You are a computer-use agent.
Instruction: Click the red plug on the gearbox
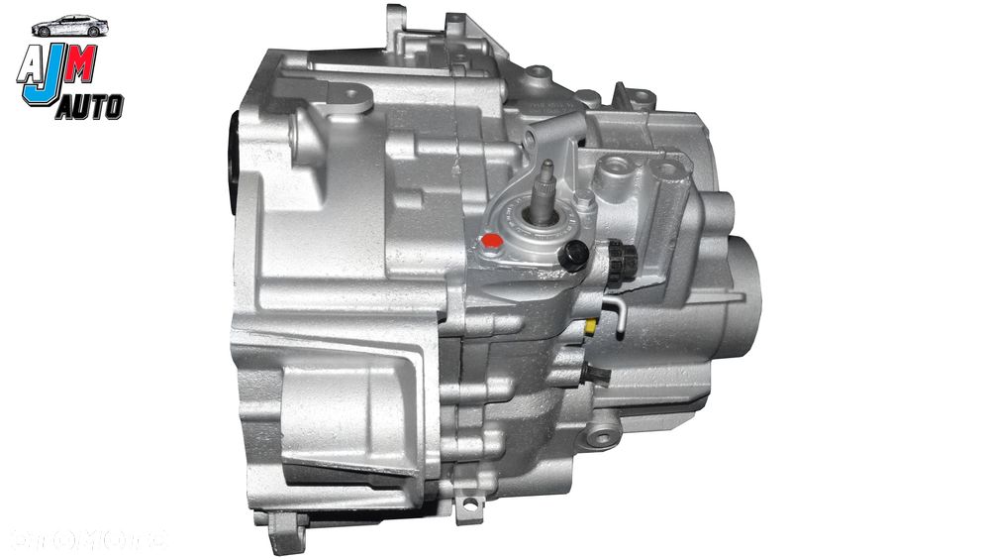point(488,241)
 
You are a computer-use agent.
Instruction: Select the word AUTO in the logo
point(90,103)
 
